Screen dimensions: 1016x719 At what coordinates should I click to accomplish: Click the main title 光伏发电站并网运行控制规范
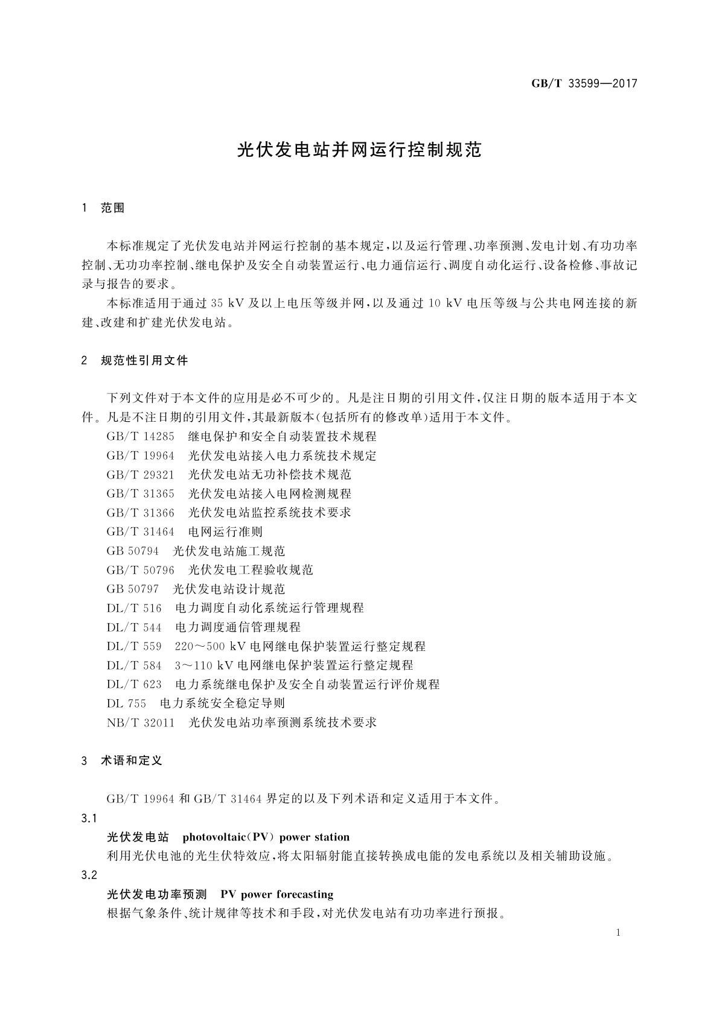click(360, 150)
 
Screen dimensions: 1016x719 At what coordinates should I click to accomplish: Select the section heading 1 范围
click(103, 208)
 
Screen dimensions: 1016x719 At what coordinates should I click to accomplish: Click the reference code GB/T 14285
click(140, 436)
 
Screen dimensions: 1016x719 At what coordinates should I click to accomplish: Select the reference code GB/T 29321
click(140, 474)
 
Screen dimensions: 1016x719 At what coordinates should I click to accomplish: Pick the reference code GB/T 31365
click(140, 494)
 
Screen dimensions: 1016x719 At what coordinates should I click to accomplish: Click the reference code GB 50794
click(132, 551)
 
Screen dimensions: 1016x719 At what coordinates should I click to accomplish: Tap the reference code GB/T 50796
click(140, 570)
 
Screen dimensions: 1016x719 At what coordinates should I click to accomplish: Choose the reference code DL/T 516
click(134, 608)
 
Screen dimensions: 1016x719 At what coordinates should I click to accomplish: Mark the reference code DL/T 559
click(134, 646)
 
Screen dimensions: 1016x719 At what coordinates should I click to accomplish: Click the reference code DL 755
click(126, 703)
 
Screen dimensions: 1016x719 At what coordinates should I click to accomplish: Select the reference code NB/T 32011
click(140, 722)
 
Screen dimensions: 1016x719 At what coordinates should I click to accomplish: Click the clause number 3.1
click(89, 819)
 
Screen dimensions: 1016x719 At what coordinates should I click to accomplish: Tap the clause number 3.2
click(89, 875)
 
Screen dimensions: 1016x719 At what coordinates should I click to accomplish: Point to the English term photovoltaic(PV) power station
click(266, 837)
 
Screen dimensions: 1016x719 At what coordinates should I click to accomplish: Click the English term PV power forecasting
click(277, 894)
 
